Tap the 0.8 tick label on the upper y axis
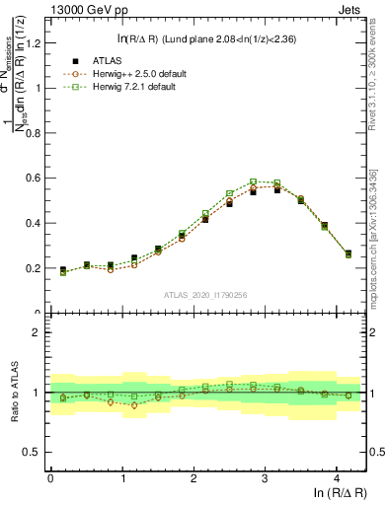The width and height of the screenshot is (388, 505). pyautogui.click(x=33, y=132)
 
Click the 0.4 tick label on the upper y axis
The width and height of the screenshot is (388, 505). pyautogui.click(x=33, y=223)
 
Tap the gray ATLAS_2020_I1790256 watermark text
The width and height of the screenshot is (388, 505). pyautogui.click(x=206, y=294)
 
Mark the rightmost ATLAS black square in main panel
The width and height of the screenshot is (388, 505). pyautogui.click(x=349, y=253)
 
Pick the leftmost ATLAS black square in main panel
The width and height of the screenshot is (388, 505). pyautogui.click(x=62, y=269)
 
